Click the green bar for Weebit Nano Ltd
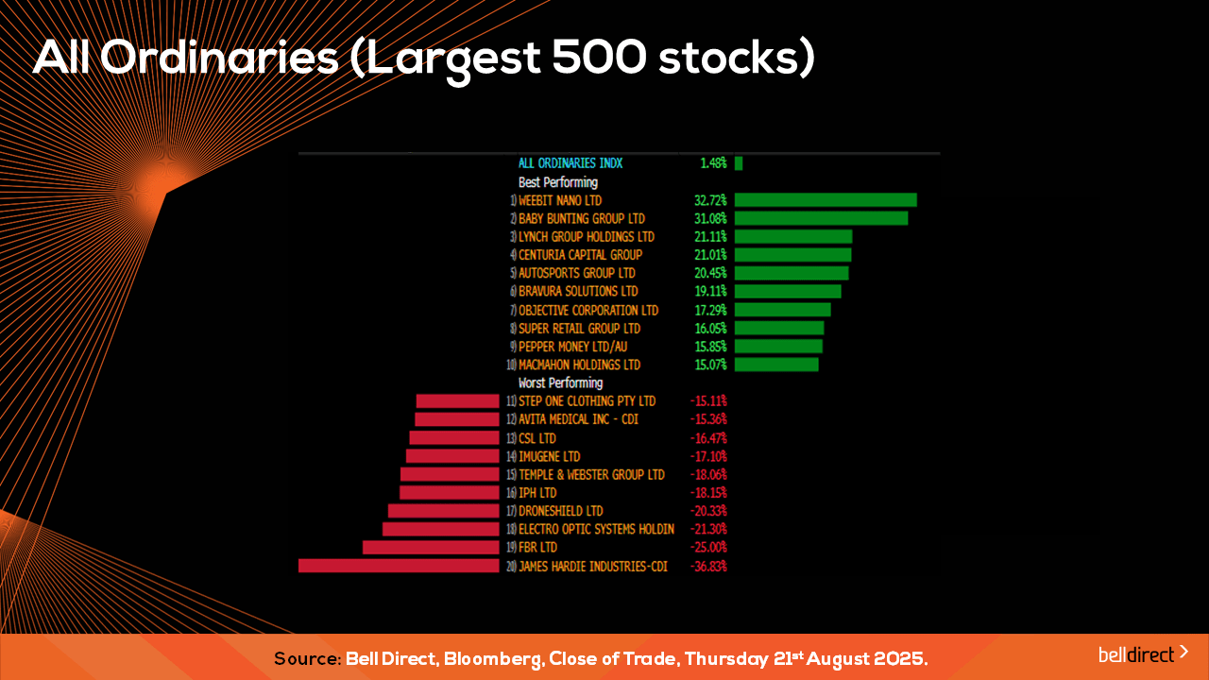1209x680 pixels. (x=826, y=200)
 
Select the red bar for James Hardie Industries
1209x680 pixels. (x=399, y=566)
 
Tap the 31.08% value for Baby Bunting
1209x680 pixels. (x=710, y=218)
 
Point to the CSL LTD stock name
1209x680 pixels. (x=537, y=438)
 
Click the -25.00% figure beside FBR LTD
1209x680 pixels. (x=708, y=547)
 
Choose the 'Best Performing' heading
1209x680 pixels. (x=558, y=182)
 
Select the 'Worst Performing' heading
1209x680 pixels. (x=561, y=383)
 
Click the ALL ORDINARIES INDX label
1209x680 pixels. (x=570, y=163)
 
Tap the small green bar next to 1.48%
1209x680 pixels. (x=739, y=163)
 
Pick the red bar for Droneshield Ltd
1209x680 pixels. (x=444, y=511)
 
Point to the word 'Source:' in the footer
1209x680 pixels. (x=308, y=658)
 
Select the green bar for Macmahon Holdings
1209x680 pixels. (x=776, y=365)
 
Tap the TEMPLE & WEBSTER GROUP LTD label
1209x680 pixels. (x=591, y=475)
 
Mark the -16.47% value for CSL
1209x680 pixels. (x=708, y=438)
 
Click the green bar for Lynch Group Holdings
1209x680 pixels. (x=793, y=237)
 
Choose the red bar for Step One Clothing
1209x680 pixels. (x=458, y=401)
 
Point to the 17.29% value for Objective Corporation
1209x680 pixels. (x=710, y=311)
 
